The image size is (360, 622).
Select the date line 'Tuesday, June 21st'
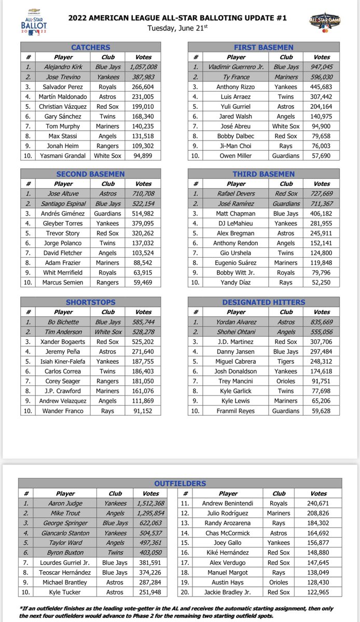pyautogui.click(x=180, y=27)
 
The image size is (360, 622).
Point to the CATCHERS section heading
pyautogui.click(x=91, y=47)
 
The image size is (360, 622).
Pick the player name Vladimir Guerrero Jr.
pyautogui.click(x=236, y=67)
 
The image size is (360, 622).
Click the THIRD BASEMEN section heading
pyautogui.click(x=264, y=174)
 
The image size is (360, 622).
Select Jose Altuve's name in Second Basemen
pyautogui.click(x=64, y=194)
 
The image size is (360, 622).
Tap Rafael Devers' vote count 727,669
pyautogui.click(x=322, y=194)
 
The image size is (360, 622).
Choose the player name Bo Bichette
pyautogui.click(x=64, y=322)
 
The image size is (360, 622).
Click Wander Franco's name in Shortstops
pyautogui.click(x=64, y=411)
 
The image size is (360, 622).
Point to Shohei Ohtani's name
pyautogui.click(x=236, y=332)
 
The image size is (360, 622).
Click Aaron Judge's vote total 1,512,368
pyautogui.click(x=151, y=503)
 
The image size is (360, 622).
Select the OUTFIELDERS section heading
pyautogui.click(x=180, y=483)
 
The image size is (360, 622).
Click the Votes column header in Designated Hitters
pyautogui.click(x=322, y=312)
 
